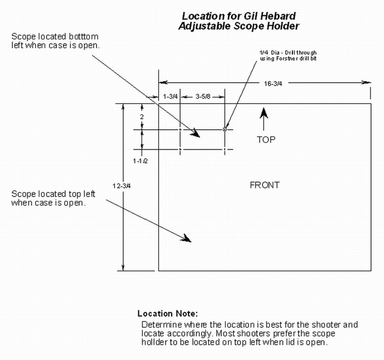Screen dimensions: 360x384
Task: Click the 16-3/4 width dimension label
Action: point(273,84)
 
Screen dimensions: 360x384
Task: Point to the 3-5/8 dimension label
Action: point(203,97)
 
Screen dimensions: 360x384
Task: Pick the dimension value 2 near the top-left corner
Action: point(142,117)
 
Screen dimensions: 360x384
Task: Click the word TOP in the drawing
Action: point(266,140)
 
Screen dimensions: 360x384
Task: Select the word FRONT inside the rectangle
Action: point(264,185)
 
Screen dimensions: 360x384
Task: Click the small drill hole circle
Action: point(225,130)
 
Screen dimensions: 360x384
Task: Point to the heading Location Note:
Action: point(167,313)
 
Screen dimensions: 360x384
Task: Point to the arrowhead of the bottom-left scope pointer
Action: point(196,134)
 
